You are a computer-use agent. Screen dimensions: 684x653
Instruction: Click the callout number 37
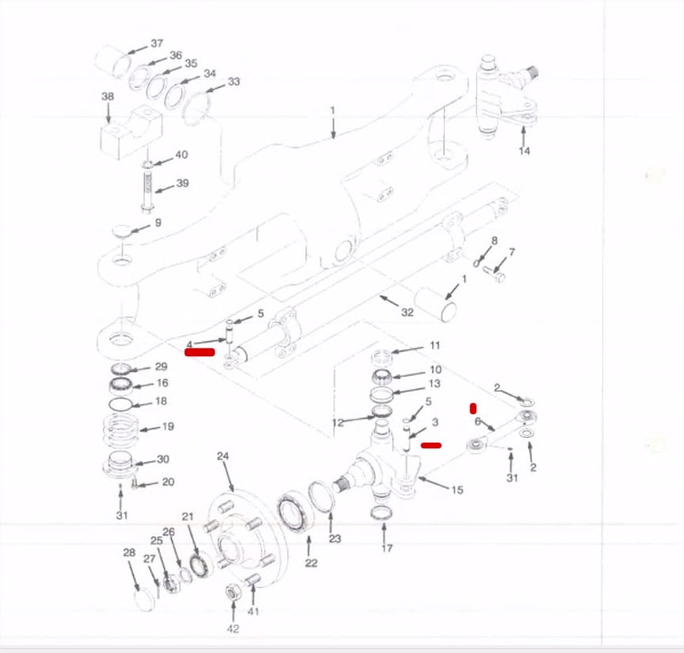tap(157, 43)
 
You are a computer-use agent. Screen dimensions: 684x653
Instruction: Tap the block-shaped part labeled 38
tap(132, 133)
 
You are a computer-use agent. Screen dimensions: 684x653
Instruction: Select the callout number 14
tap(525, 151)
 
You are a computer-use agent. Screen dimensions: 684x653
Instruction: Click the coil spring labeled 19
tap(120, 430)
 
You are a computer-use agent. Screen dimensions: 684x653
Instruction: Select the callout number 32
tap(407, 313)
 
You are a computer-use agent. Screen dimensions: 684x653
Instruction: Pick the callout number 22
tap(311, 563)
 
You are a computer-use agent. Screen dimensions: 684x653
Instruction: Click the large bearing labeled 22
tap(293, 513)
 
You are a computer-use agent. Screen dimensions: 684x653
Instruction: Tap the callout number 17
tap(387, 547)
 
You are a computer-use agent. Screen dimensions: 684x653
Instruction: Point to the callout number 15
tap(457, 490)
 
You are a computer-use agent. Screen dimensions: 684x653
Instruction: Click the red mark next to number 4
tap(200, 352)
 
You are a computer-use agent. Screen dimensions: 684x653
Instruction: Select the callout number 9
tap(158, 222)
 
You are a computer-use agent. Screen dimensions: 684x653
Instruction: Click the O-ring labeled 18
tap(120, 405)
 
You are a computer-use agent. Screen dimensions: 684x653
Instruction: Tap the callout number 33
tap(234, 82)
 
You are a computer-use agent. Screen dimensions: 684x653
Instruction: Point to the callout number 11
tap(435, 345)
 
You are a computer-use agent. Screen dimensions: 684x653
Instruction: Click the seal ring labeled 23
tap(322, 496)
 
